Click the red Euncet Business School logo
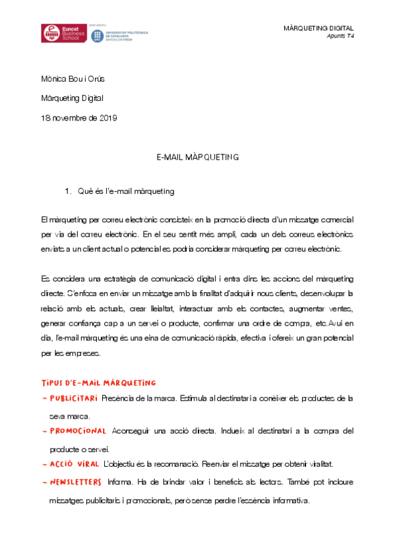coord(61,34)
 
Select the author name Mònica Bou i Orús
coord(73,80)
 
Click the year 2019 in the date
coord(107,118)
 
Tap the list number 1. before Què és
coord(68,192)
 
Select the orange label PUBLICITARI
coord(73,398)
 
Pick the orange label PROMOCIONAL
coord(78,431)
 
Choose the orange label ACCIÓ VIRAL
coord(74,463)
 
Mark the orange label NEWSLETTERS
coord(76,482)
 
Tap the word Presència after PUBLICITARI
coord(119,398)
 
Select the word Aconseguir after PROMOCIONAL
coord(131,431)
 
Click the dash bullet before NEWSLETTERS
coord(44,482)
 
